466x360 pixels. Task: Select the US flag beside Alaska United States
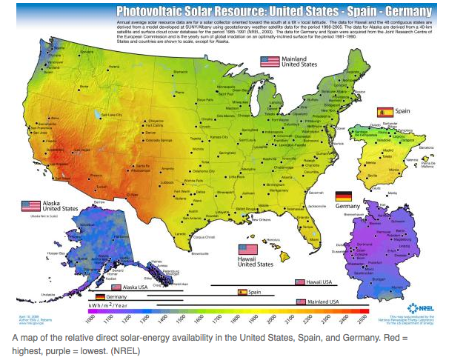coord(31,205)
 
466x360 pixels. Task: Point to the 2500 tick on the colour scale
coord(362,316)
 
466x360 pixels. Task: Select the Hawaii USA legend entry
coord(315,282)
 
